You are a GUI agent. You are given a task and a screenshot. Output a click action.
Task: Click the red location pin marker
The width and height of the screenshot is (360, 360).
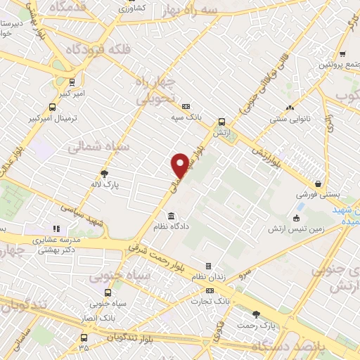tap(180, 165)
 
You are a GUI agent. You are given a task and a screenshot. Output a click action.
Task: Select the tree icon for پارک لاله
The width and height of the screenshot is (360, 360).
tap(105, 173)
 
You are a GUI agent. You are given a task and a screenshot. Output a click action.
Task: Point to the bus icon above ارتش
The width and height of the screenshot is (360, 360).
tap(221, 121)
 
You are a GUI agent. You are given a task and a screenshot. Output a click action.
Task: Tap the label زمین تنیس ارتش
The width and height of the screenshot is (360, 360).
tap(297, 229)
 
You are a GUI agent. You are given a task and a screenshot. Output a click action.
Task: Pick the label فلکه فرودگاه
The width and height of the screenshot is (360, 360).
tap(96, 50)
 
